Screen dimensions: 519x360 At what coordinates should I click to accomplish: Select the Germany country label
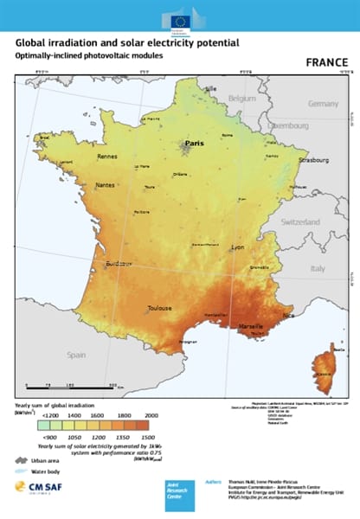(323, 103)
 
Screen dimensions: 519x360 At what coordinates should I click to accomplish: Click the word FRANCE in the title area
(327, 63)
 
